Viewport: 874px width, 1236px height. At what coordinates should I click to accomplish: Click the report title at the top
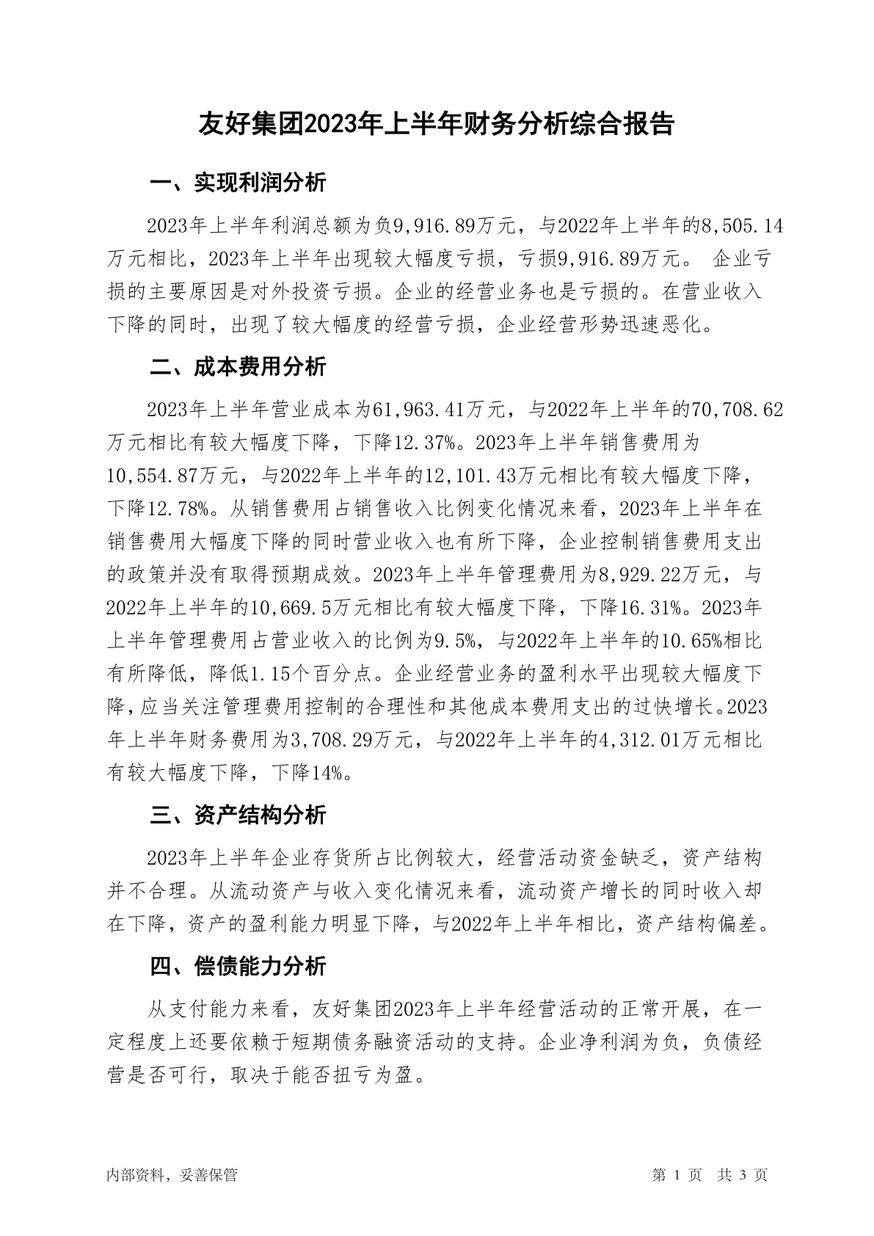coord(437,124)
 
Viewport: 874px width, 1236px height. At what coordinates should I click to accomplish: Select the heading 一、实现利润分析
coord(238,183)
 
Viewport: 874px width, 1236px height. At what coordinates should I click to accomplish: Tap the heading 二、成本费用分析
coord(238,367)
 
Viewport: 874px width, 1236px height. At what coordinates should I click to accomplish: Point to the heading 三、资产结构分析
coord(238,815)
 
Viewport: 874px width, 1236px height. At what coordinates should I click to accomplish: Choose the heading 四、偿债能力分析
coord(238,967)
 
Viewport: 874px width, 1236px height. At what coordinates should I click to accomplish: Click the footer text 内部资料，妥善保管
coord(172,1175)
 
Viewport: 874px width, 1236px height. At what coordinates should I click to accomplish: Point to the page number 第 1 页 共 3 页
coord(710,1175)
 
